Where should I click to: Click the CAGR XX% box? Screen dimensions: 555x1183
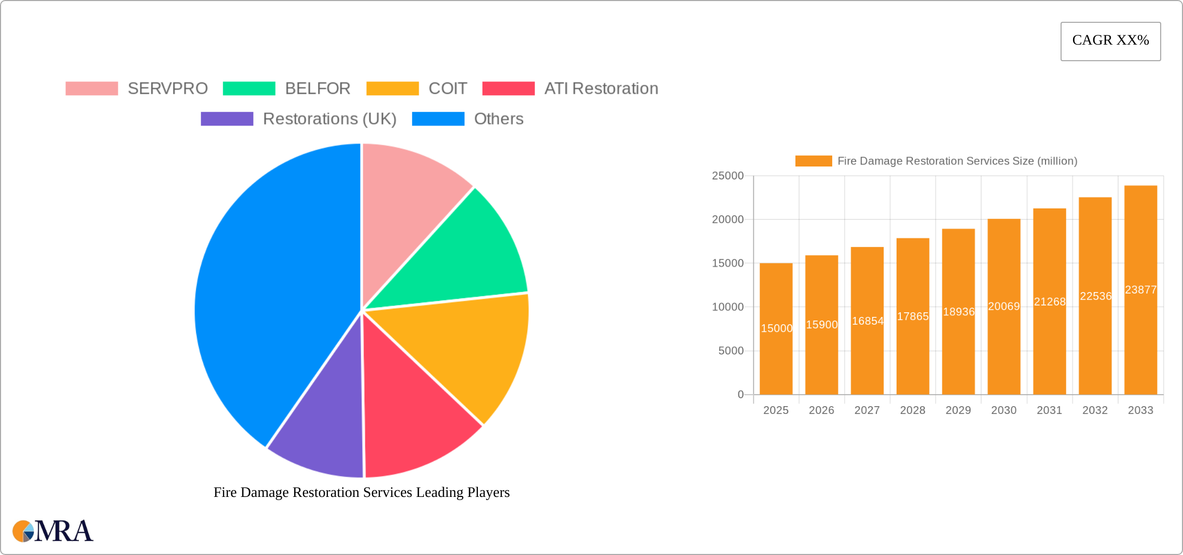pos(1110,41)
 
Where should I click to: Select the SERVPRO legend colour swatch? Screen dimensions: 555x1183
pos(92,89)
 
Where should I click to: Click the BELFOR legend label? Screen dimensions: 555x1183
pos(318,89)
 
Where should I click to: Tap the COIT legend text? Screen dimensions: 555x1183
pos(447,89)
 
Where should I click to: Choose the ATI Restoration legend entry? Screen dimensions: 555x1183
pos(601,89)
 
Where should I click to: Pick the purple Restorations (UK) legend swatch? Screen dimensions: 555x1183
pos(227,119)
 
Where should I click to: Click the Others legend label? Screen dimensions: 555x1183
pos(498,119)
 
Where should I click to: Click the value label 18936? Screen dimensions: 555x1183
pos(958,312)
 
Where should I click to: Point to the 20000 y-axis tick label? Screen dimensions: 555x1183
pos(727,219)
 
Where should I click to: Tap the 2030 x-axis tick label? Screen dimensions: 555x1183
pos(1003,410)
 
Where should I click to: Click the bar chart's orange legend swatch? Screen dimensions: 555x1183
pos(813,161)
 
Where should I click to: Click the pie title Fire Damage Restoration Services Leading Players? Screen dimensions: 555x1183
pos(362,492)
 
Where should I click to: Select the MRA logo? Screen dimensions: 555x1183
pos(53,531)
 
